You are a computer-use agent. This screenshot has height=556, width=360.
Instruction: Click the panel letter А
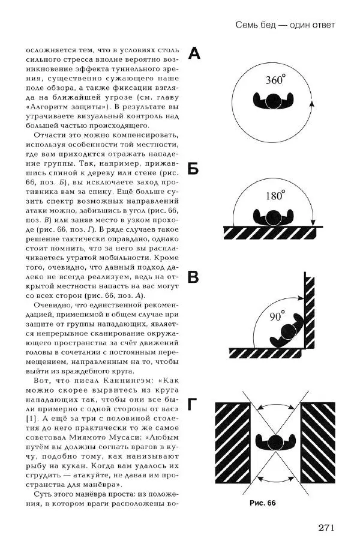194,55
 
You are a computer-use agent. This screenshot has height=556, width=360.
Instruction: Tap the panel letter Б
193,169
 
